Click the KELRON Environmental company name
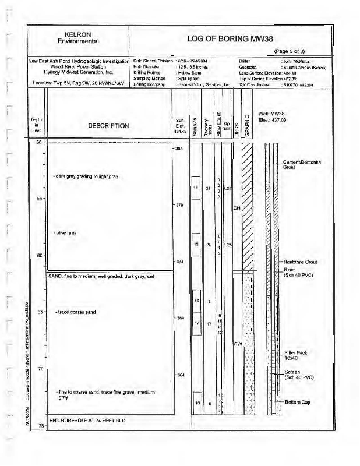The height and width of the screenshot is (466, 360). [x=79, y=37]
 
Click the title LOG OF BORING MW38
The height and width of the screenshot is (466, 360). [x=228, y=39]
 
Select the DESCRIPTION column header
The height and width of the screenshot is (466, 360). [x=108, y=126]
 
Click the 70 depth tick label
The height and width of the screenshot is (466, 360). [x=40, y=369]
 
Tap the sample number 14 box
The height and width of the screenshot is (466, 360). [x=197, y=188]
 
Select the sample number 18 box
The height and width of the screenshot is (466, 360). [x=197, y=403]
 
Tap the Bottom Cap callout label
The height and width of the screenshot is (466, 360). [x=299, y=403]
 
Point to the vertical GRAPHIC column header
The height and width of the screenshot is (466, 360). [x=247, y=123]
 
